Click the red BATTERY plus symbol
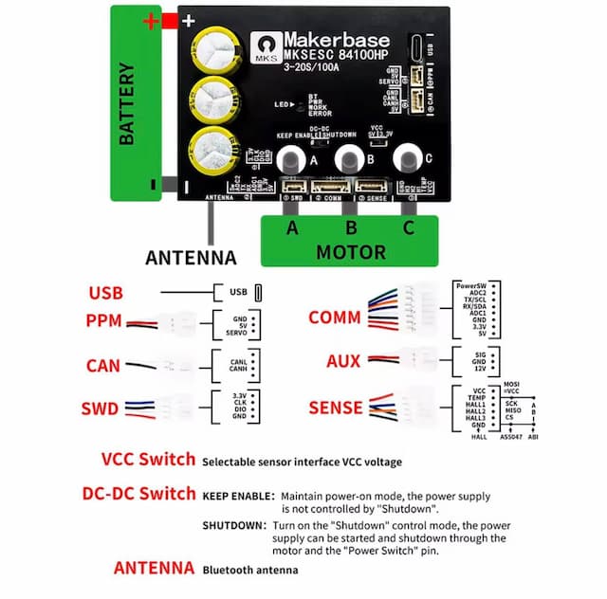pos(150,20)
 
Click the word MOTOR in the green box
pos(350,253)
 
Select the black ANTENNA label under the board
pos(191,257)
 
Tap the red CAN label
pos(103,364)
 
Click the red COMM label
pos(335,318)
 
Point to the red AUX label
pos(342,361)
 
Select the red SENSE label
pos(336,408)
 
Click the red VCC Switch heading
pos(148,461)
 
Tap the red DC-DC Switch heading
pos(139,495)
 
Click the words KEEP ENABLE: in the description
pos(238,496)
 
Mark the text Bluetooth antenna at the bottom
pos(249,570)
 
